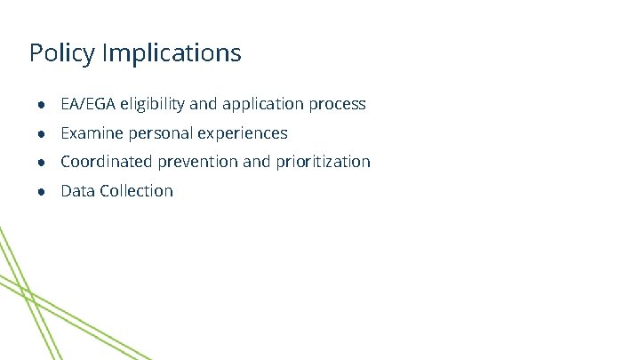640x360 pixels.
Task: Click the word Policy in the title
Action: tap(62, 53)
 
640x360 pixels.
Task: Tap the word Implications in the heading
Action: tap(172, 53)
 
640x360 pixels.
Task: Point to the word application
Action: tap(262, 105)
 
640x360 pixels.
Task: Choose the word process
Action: tap(337, 105)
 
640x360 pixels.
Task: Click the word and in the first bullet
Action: tap(203, 104)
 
